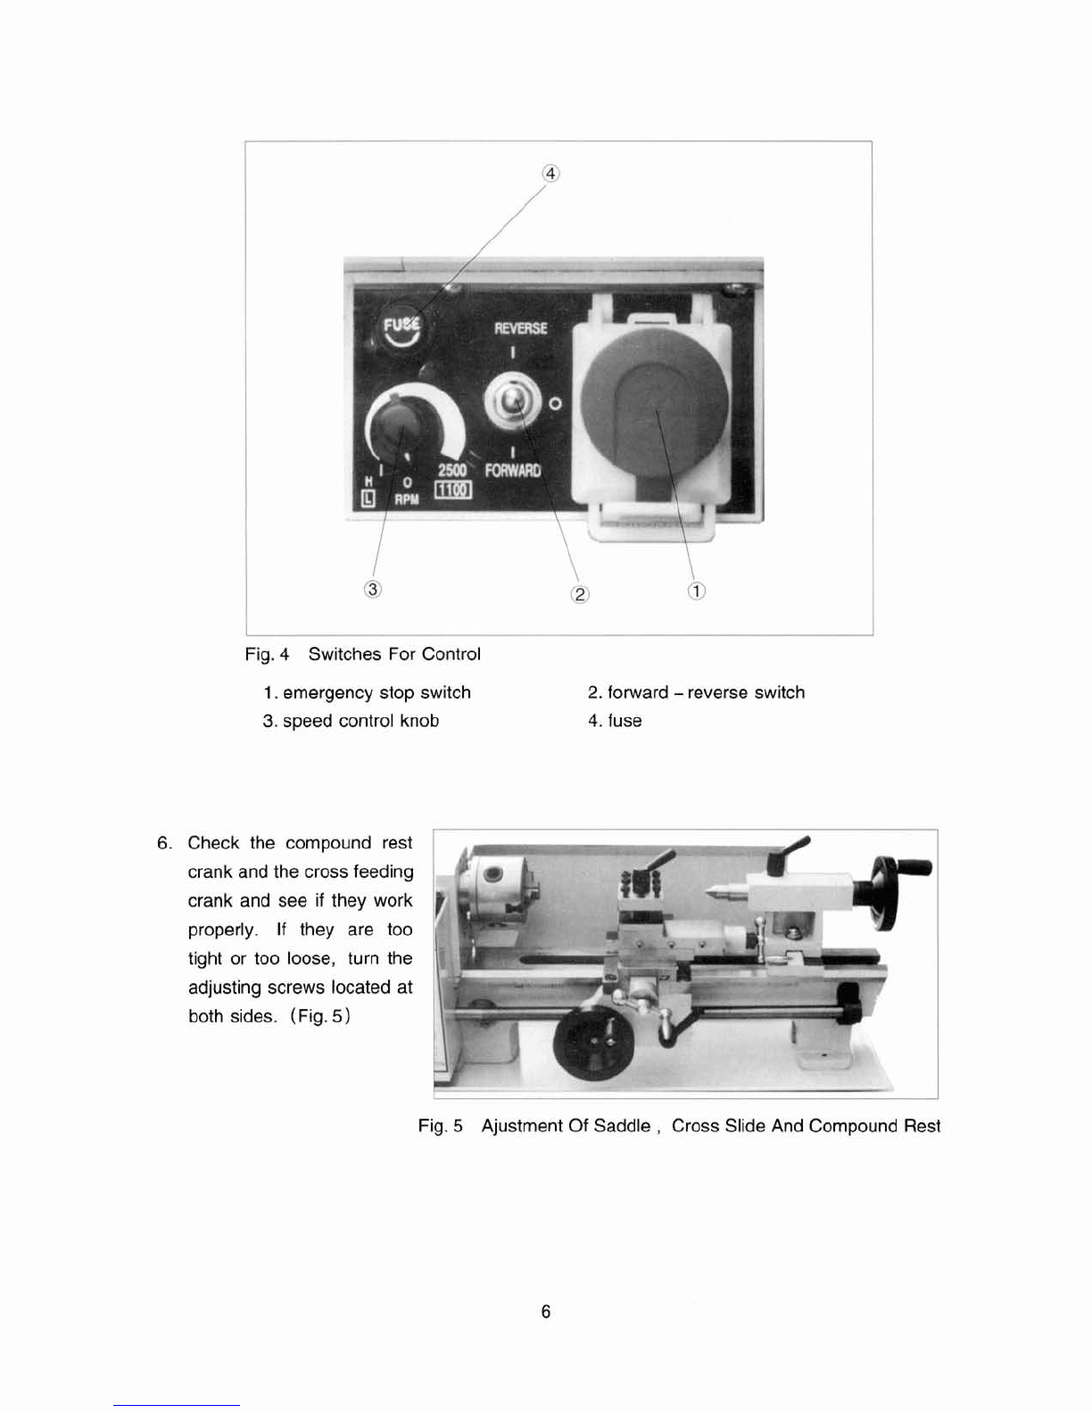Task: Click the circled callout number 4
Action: tap(550, 174)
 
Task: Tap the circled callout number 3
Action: tap(372, 589)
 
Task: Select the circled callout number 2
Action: tap(580, 594)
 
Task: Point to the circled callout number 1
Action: tap(696, 591)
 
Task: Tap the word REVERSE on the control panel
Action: tap(520, 328)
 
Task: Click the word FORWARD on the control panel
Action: tap(513, 470)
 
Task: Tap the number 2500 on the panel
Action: tap(452, 470)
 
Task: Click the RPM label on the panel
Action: tap(407, 500)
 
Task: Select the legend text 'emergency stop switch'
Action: tap(376, 692)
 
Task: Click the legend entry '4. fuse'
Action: tap(615, 721)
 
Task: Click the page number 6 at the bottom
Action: tap(546, 1311)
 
